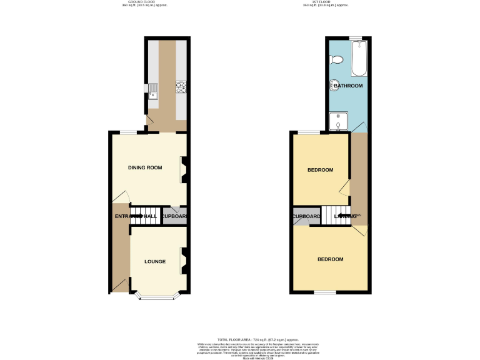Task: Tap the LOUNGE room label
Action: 154,261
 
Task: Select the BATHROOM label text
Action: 347,86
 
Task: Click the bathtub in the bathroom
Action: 359,59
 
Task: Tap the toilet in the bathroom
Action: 337,59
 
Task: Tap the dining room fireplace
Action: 184,169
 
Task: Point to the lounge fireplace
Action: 184,261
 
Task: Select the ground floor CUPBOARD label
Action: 174,217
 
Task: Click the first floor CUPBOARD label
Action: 306,217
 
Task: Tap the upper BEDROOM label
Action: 320,170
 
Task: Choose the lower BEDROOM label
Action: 330,259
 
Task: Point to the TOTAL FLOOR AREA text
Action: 240,337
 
